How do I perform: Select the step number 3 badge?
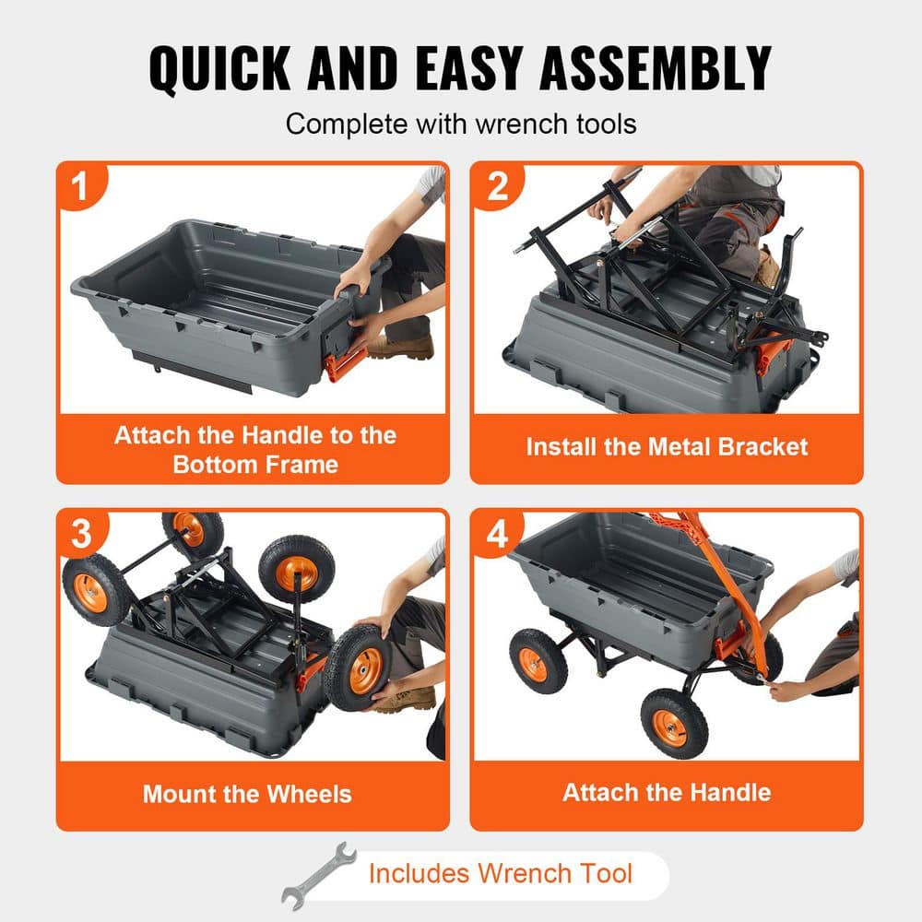[80, 533]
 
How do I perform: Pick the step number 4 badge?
[497, 533]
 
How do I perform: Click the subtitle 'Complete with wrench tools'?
[461, 124]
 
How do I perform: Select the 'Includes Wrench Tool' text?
[501, 873]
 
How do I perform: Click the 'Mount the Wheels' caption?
[247, 793]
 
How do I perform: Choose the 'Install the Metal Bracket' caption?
[667, 447]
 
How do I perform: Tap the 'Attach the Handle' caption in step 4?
[667, 792]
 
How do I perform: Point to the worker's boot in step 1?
[402, 347]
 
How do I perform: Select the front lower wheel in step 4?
[674, 724]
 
